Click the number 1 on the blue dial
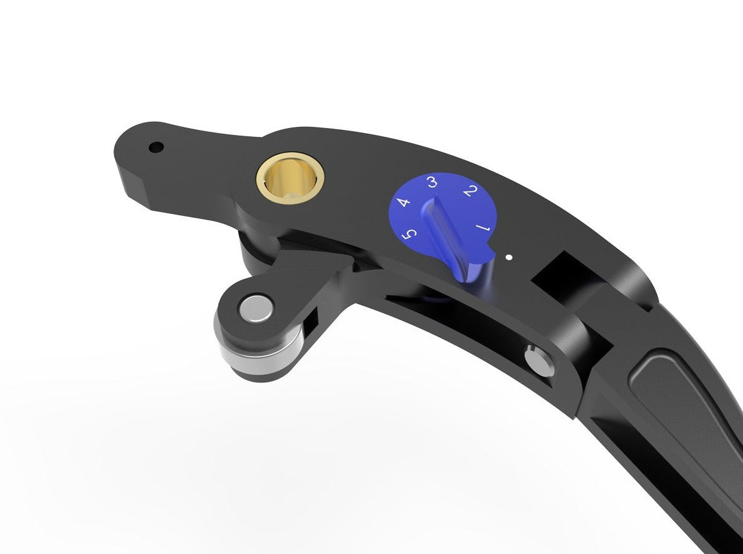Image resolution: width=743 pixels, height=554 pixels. tap(483, 227)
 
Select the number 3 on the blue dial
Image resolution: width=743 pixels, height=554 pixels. tap(432, 182)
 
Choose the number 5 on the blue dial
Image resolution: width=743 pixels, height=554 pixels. tap(411, 235)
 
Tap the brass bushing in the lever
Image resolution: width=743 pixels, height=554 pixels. tap(290, 174)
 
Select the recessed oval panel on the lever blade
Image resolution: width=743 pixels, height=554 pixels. tap(681, 404)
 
